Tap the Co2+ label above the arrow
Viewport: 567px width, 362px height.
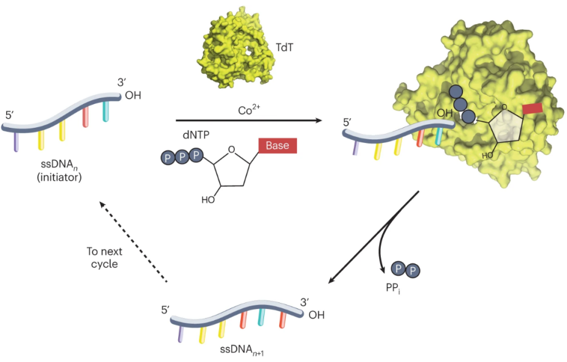249,111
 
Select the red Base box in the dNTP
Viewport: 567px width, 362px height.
277,147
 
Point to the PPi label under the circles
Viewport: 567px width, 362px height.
401,290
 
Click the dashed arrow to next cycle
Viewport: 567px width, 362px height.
133,242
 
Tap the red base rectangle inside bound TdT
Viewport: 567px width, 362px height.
532,108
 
